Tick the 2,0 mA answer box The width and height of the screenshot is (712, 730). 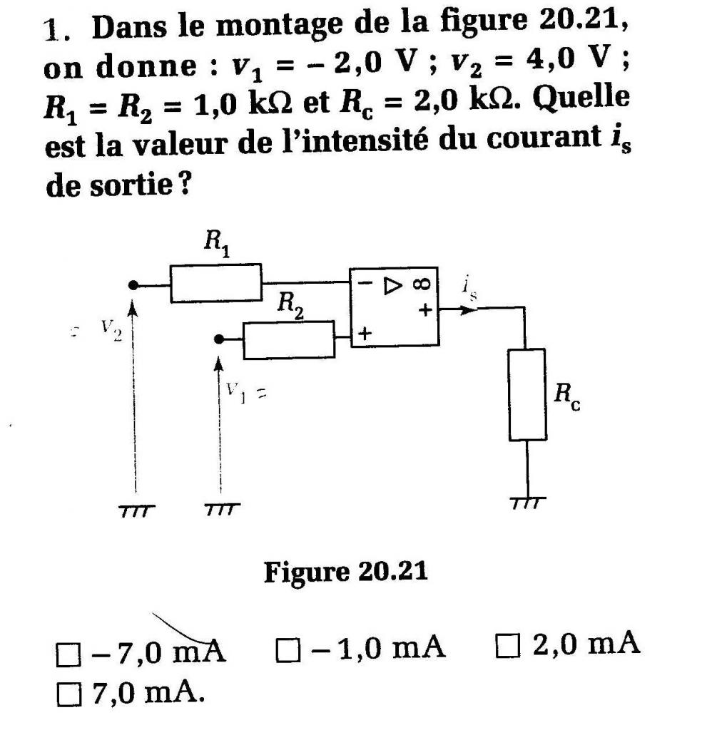(504, 647)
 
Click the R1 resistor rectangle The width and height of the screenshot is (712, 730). (215, 283)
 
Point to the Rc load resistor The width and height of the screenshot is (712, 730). (527, 394)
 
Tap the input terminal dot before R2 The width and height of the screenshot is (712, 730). (220, 339)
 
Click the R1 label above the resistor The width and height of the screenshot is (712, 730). (213, 244)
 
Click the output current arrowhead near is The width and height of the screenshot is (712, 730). (468, 310)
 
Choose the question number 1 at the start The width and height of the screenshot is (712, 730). (51, 30)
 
